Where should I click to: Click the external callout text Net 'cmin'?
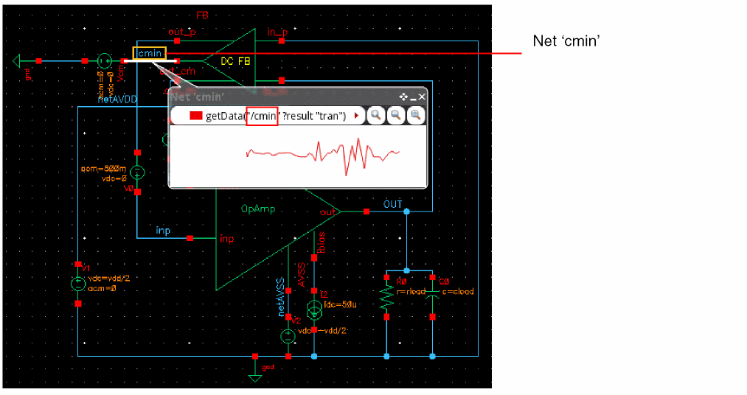565,41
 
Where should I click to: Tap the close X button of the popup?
422,97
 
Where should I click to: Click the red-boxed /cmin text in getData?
262,116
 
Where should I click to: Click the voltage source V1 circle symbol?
77,283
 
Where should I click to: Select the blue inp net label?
163,231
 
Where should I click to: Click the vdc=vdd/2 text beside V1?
108,278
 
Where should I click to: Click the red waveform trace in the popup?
324,153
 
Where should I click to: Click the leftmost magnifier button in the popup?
375,115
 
